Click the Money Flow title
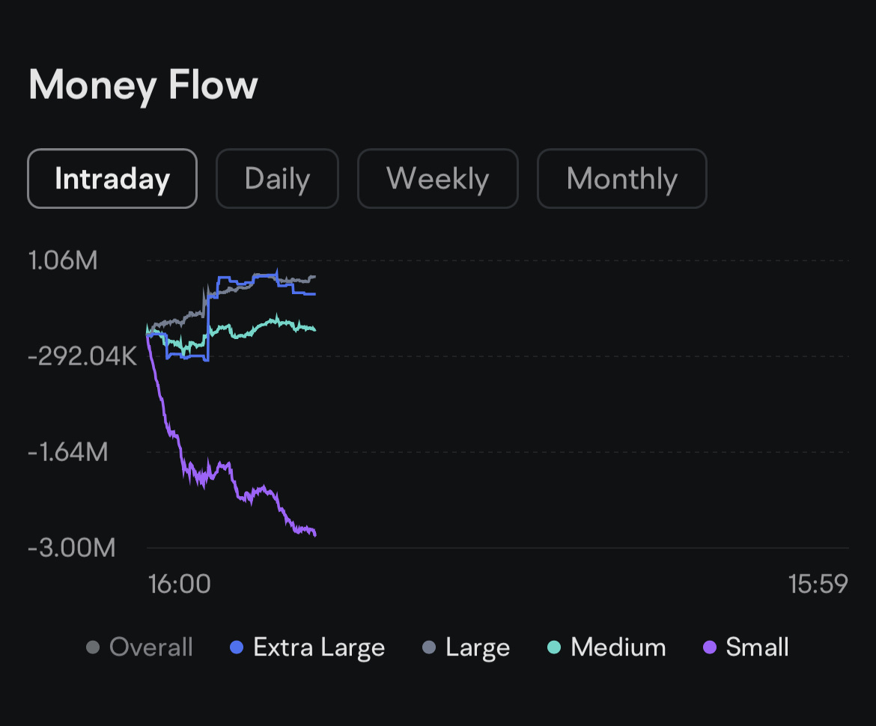point(143,85)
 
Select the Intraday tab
point(112,179)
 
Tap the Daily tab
point(277,179)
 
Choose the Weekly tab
point(437,179)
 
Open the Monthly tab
point(621,179)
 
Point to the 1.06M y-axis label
point(63,260)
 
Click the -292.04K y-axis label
point(82,356)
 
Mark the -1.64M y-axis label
point(68,452)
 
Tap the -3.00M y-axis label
point(72,548)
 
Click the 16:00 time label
point(180,584)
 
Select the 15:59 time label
point(818,584)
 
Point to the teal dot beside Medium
point(555,647)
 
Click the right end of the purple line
point(315,534)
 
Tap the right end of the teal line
point(314,329)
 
